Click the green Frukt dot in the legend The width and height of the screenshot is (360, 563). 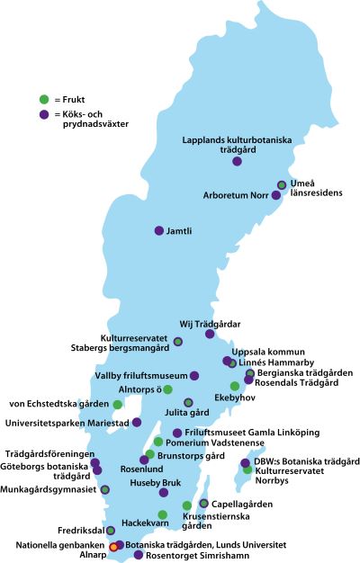43,98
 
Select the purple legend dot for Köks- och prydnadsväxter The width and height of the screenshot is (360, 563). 43,115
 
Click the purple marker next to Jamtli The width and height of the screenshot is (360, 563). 159,230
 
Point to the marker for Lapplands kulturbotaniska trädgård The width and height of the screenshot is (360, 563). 237,162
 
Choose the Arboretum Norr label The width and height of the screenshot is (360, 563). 236,195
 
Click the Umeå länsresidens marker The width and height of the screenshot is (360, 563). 282,185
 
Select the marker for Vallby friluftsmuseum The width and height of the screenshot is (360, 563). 194,375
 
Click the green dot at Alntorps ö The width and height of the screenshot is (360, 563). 167,389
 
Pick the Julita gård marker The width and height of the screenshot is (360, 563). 188,402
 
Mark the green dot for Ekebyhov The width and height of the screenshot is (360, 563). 235,386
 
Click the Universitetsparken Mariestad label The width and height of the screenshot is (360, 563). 67,423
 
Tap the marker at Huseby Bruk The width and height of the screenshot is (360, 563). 163,493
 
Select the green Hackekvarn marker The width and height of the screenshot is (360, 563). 163,514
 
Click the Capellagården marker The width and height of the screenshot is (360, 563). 204,503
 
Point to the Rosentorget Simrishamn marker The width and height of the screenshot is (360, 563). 138,555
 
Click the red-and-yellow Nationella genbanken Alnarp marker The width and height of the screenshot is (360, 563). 113,546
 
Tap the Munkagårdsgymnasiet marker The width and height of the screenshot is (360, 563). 105,488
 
